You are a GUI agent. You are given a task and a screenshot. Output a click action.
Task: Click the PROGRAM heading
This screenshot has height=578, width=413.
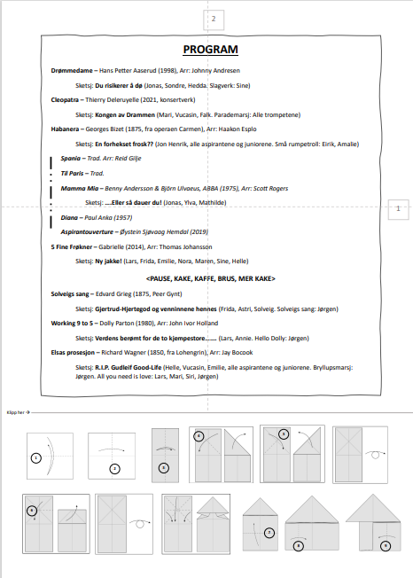(210, 50)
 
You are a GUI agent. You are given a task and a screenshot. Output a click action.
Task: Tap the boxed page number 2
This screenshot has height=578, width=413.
(214, 20)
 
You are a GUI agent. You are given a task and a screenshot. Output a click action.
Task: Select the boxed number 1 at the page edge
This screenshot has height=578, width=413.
(398, 208)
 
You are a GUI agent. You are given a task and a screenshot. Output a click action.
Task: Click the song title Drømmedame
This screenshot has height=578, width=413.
(72, 71)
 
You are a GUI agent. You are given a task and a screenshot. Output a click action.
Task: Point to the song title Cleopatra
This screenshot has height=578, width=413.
(65, 100)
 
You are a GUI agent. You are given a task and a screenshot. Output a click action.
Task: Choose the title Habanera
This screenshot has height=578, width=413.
(65, 129)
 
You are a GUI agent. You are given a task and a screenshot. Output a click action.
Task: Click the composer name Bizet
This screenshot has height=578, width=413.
(116, 129)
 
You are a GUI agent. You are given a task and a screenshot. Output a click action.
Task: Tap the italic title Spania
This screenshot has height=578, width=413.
(70, 159)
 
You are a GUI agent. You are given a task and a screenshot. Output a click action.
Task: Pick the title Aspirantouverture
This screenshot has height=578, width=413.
(87, 232)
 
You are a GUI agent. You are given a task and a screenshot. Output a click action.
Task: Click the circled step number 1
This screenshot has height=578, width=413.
(35, 458)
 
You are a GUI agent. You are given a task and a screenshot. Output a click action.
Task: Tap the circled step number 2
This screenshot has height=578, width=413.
(114, 469)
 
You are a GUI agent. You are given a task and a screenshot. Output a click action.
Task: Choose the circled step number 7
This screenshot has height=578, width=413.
(269, 533)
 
